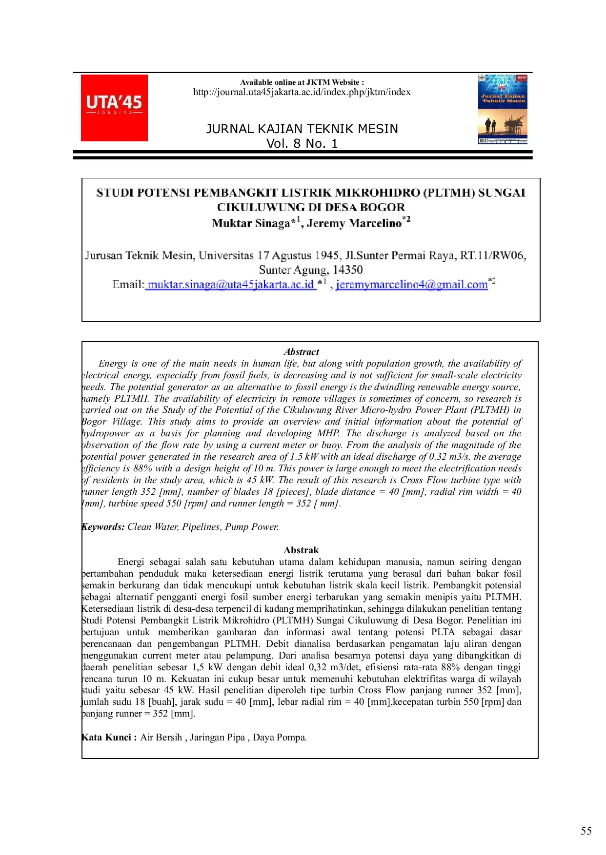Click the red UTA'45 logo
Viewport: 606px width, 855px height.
point(114,108)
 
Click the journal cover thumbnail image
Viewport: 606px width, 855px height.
point(503,109)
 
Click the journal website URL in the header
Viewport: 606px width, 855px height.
point(302,92)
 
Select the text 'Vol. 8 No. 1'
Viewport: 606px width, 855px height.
point(302,144)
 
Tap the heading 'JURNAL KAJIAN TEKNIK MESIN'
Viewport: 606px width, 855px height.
point(302,129)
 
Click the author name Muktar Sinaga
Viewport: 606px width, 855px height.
point(251,223)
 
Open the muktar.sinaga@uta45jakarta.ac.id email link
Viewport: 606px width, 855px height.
point(230,285)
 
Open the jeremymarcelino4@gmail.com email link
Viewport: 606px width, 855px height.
point(412,285)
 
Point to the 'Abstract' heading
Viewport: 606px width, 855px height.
point(302,352)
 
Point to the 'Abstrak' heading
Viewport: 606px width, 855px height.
point(301,550)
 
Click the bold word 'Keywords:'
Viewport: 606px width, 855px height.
point(103,527)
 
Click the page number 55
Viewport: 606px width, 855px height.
point(586,831)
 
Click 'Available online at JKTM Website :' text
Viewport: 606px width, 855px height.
point(302,82)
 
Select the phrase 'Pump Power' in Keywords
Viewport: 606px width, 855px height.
point(251,527)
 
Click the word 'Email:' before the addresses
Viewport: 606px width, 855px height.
point(128,285)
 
